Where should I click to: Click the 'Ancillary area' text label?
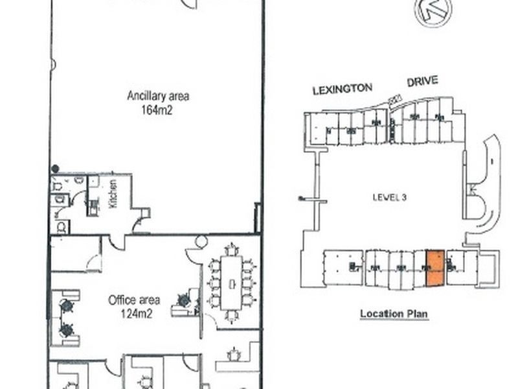click(x=158, y=97)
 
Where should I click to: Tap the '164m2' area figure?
click(x=158, y=110)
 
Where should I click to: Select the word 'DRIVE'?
click(x=422, y=82)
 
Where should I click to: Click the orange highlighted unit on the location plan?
click(x=435, y=268)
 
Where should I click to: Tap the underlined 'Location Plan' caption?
click(x=394, y=314)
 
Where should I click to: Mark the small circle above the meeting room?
click(x=201, y=242)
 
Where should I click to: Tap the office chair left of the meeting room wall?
click(x=184, y=301)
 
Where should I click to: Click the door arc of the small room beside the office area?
click(x=95, y=262)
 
